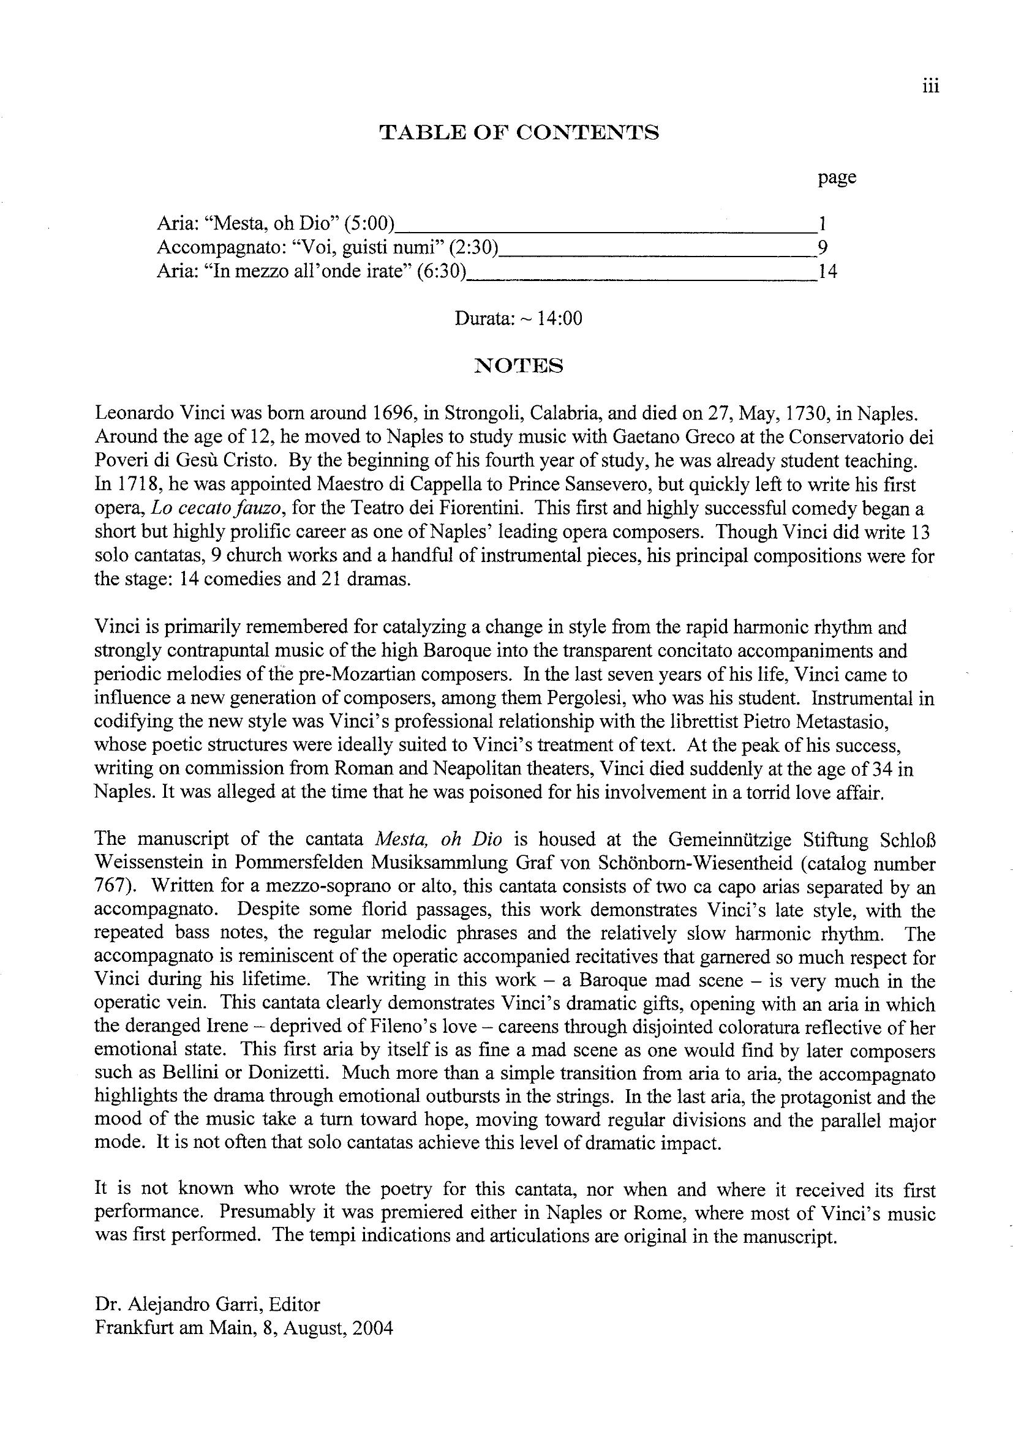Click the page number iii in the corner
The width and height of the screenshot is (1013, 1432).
pyautogui.click(x=930, y=87)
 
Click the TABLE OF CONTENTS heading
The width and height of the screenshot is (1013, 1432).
pyautogui.click(x=519, y=133)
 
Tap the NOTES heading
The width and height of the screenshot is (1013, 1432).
pyautogui.click(x=519, y=365)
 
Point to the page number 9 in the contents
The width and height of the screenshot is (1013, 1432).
pyautogui.click(x=822, y=247)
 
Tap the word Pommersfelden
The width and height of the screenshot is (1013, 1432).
pyautogui.click(x=299, y=863)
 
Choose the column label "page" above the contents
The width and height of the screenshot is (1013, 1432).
pyautogui.click(x=837, y=178)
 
